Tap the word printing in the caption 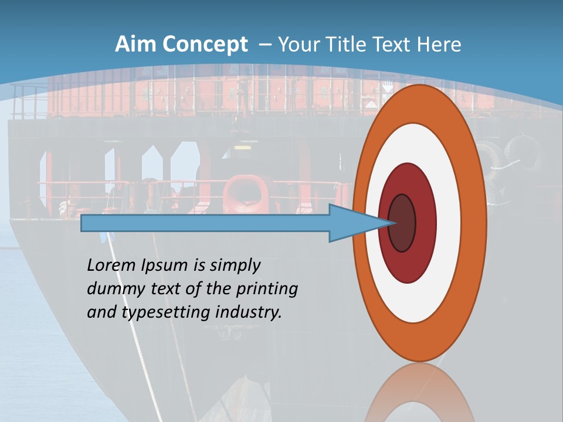(267, 290)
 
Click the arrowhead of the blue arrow (364, 223)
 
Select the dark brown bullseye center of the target (402, 223)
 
